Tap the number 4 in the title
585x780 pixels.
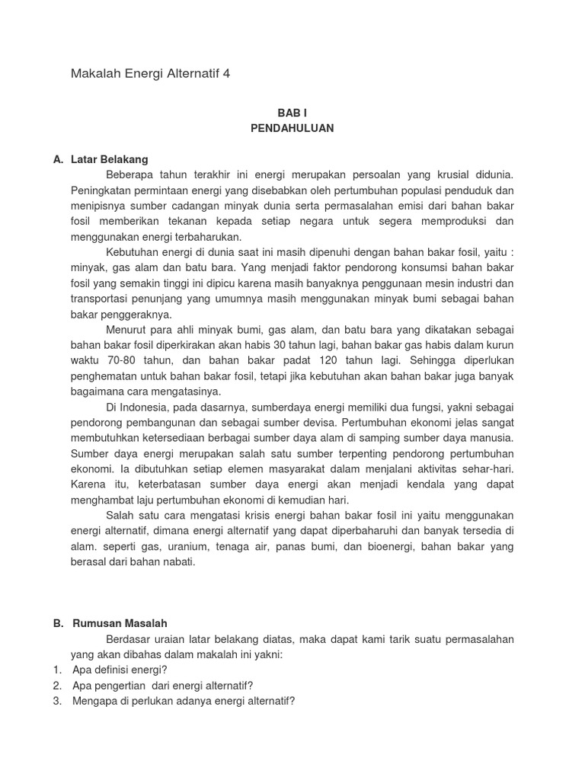pos(225,74)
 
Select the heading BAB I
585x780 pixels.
pos(292,112)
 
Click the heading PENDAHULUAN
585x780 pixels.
pos(292,128)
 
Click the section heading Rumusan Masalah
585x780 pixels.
pos(120,623)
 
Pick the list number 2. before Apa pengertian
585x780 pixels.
pos(57,684)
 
